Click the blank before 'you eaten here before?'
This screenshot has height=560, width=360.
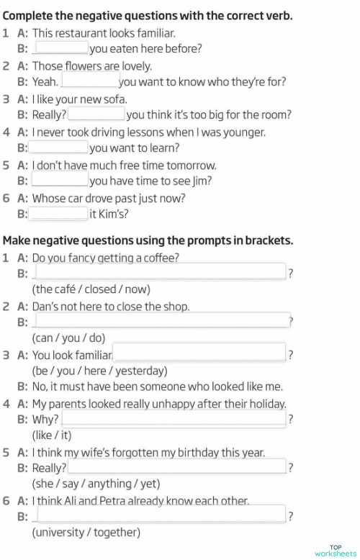click(62, 48)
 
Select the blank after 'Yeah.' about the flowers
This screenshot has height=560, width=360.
click(90, 81)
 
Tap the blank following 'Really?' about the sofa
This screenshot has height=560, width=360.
click(96, 114)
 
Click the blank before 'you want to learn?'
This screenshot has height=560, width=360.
click(58, 148)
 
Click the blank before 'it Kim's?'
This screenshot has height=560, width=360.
click(58, 213)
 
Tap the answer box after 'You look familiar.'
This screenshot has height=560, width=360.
click(199, 354)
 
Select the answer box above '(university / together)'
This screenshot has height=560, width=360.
click(159, 515)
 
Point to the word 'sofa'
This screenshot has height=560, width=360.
click(115, 99)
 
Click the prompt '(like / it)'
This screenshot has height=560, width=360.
click(52, 435)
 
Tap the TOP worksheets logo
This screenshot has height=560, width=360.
click(335, 549)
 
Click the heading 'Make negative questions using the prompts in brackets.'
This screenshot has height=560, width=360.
click(148, 240)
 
